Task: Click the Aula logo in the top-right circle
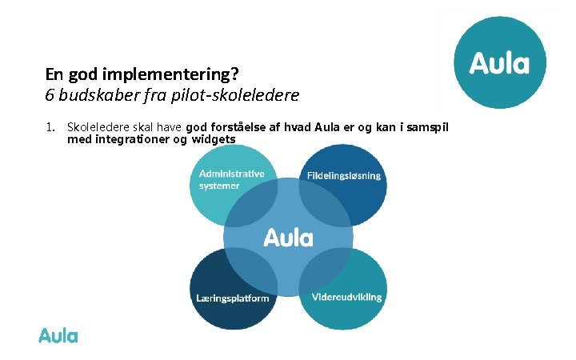(499, 62)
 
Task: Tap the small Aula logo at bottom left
(58, 336)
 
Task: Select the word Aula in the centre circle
(288, 238)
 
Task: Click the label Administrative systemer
(231, 179)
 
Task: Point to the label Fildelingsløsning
(343, 175)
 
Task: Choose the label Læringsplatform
(233, 298)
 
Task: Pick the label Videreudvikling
(346, 297)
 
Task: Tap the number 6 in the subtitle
(50, 95)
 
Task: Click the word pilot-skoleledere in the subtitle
(241, 95)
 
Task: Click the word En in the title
(54, 74)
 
